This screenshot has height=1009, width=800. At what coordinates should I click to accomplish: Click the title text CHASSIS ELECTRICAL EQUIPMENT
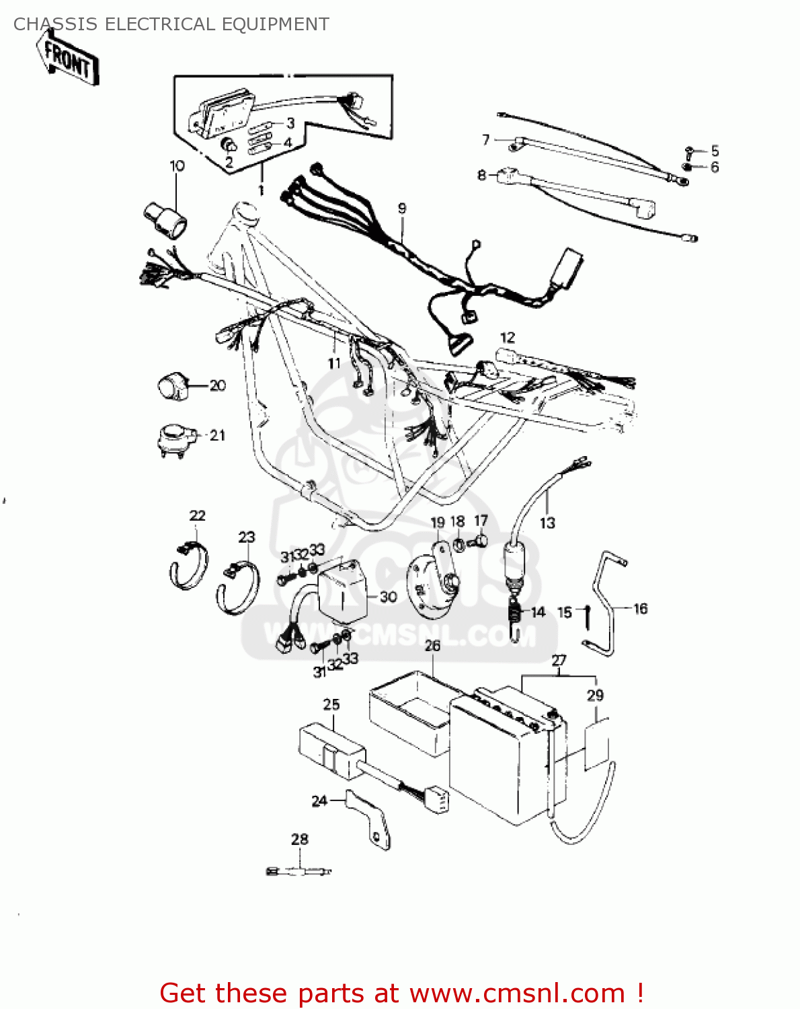pyautogui.click(x=171, y=24)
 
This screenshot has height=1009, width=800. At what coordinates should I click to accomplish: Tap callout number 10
pyautogui.click(x=177, y=165)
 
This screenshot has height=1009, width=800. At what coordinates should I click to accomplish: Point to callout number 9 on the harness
pyautogui.click(x=402, y=208)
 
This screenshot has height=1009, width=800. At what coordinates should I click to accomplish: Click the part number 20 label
pyautogui.click(x=217, y=385)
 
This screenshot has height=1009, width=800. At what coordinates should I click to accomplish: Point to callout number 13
pyautogui.click(x=547, y=523)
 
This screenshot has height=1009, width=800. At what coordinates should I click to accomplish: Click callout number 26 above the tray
pyautogui.click(x=432, y=646)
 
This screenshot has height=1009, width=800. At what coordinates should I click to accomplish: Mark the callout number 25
pyautogui.click(x=331, y=704)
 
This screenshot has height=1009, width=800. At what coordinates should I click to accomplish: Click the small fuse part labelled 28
pyautogui.click(x=300, y=872)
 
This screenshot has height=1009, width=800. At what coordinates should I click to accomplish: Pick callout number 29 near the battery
pyautogui.click(x=595, y=696)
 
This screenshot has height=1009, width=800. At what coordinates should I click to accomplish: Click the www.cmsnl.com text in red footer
pyautogui.click(x=517, y=994)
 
